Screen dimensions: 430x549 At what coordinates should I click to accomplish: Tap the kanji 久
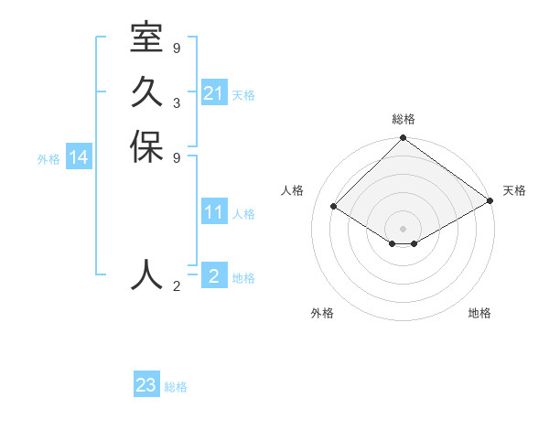[x=146, y=92]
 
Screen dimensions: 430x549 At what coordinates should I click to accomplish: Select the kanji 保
[x=146, y=147]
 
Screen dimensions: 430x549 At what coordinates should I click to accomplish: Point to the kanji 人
[x=146, y=274]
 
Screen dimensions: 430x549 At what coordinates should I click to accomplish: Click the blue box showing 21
[x=214, y=93]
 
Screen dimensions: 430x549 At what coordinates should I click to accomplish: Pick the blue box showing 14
[x=79, y=158]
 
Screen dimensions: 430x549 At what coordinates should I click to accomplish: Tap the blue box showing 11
[x=214, y=213]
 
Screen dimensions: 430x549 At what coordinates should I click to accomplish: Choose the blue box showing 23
[x=146, y=385]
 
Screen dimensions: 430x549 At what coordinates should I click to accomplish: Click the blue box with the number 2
[x=214, y=276]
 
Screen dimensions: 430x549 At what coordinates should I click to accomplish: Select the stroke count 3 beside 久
[x=177, y=102]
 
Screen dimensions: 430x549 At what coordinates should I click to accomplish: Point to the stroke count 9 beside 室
[x=177, y=48]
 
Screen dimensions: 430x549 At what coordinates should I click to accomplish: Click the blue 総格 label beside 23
[x=176, y=387]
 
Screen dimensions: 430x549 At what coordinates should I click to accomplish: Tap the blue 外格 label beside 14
[x=48, y=159]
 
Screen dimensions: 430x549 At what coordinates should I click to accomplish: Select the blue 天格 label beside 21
[x=243, y=95]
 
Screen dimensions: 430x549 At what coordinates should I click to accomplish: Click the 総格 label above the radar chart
[x=404, y=119]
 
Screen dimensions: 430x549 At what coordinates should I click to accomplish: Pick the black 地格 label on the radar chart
[x=479, y=313]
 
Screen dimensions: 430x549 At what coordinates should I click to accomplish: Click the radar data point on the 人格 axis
[x=334, y=207]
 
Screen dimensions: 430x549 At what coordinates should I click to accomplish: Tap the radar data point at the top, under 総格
[x=403, y=139]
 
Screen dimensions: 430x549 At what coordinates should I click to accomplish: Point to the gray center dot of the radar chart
[x=403, y=228]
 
